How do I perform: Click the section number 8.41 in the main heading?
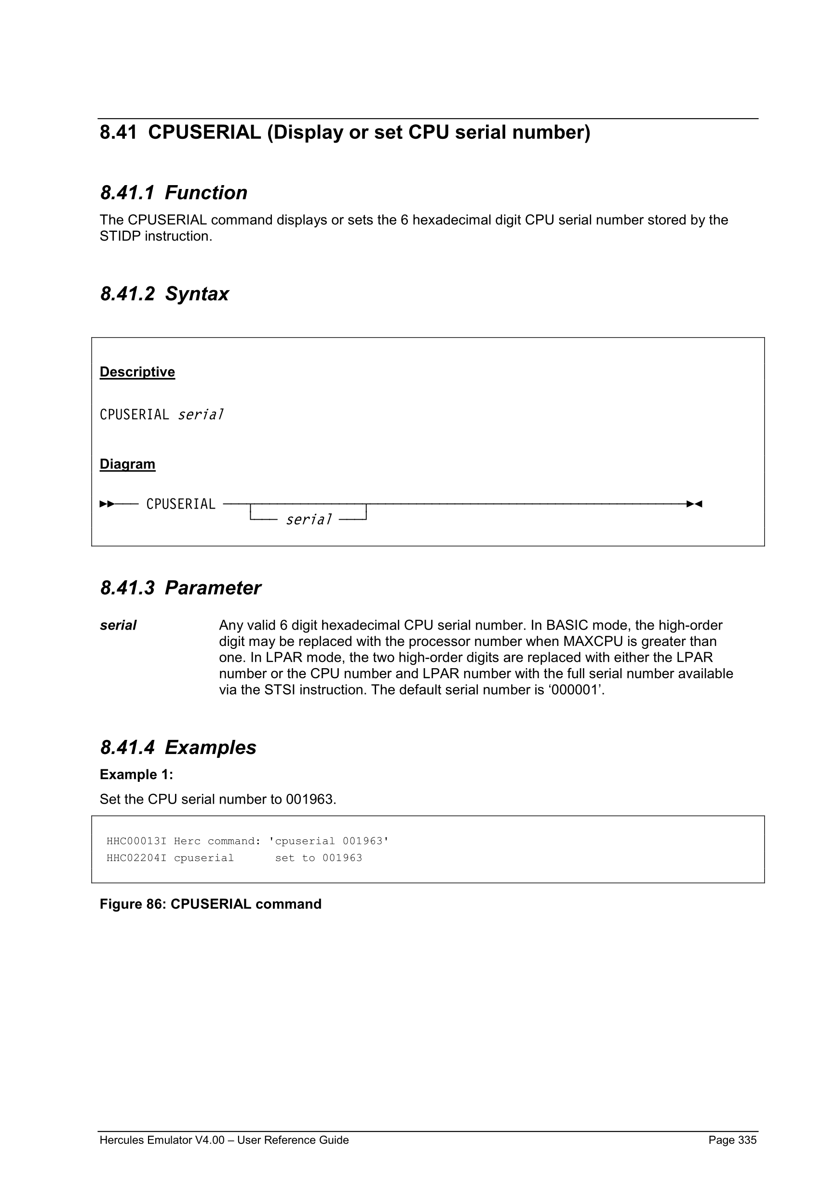click(118, 133)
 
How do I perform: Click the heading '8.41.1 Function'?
click(174, 192)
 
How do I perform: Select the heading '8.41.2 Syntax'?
click(164, 294)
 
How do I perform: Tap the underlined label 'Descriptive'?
click(137, 372)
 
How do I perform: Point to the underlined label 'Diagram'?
click(127, 464)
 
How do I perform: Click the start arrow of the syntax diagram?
click(107, 503)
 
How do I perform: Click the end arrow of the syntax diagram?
click(694, 503)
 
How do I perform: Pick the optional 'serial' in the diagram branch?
click(309, 520)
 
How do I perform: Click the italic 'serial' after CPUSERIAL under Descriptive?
click(200, 415)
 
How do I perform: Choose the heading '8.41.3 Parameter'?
click(180, 588)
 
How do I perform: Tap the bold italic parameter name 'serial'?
click(118, 626)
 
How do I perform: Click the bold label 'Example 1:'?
click(136, 774)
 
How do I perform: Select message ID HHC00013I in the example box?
click(136, 841)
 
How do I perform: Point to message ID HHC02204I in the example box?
click(136, 858)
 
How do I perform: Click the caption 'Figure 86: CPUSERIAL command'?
click(210, 904)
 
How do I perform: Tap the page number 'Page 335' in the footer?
click(732, 1140)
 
